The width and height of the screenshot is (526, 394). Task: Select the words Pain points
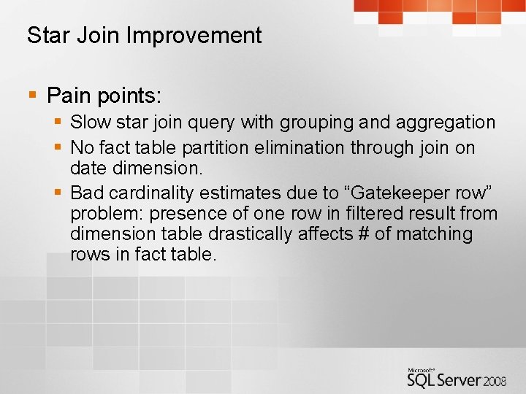[104, 95]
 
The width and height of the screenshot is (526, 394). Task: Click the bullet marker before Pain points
[31, 95]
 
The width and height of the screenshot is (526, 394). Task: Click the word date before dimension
[88, 168]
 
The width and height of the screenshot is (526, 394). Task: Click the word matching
[437, 234]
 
